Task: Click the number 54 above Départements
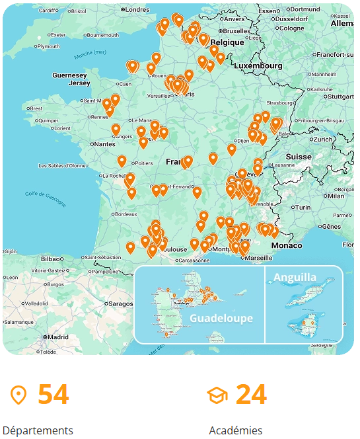[x=53, y=395]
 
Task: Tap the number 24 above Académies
[x=251, y=395]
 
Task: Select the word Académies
[x=236, y=430]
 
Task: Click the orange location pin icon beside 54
[x=19, y=395]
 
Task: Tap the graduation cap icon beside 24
[x=217, y=395]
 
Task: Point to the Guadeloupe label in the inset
[x=221, y=318]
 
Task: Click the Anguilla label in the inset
[x=295, y=278]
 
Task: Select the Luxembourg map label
[x=258, y=66]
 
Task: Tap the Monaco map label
[x=287, y=245]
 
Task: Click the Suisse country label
[x=298, y=157]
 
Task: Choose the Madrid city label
[x=58, y=337]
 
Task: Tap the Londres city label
[x=137, y=9]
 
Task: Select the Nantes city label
[x=104, y=143]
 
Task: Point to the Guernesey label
[x=70, y=75]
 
